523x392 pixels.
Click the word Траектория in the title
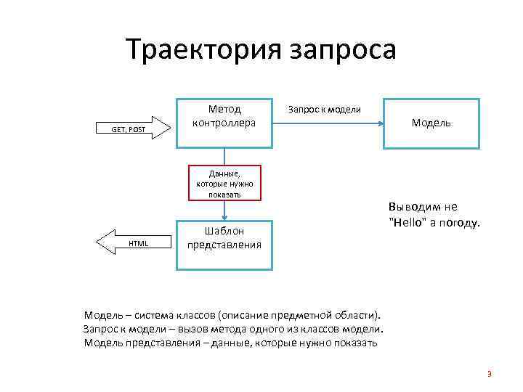coord(203,50)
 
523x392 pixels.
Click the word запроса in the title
coord(343,50)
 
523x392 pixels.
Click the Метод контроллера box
coord(224,123)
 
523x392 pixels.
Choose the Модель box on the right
coord(431,123)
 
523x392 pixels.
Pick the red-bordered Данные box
coord(224,183)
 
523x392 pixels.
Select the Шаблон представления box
coord(224,244)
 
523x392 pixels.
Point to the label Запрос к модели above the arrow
coord(325,110)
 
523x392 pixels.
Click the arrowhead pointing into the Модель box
coord(380,123)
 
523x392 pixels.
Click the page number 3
coord(490,375)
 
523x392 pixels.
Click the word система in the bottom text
coord(154,315)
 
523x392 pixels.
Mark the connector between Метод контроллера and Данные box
coord(224,156)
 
